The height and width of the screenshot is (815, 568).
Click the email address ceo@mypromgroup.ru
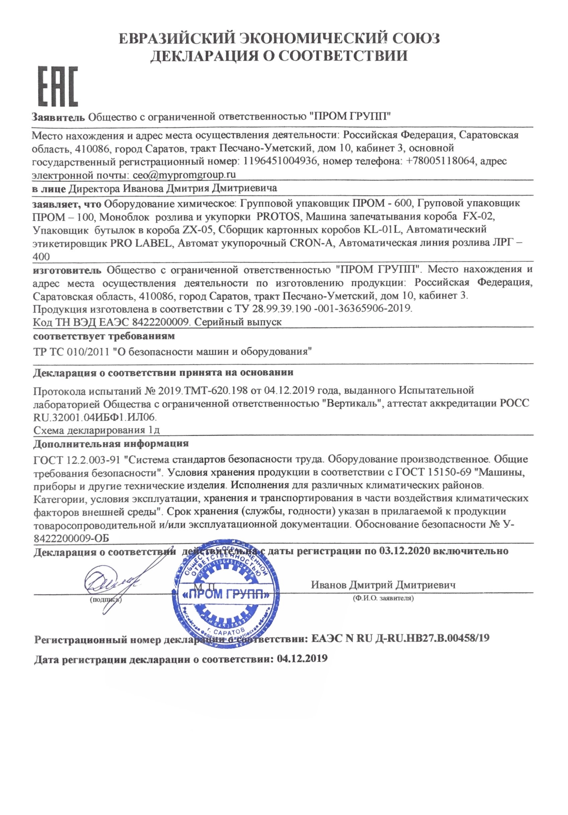[x=184, y=175]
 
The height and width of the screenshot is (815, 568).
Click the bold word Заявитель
[x=59, y=117]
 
